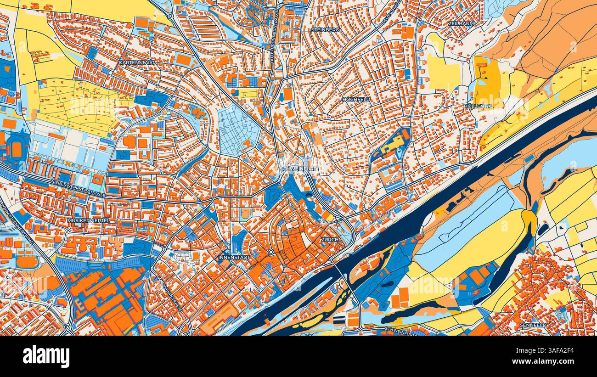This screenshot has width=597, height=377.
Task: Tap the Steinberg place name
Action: (325, 29)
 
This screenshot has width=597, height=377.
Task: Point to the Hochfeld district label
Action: (356, 99)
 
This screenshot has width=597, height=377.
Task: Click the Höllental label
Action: (479, 106)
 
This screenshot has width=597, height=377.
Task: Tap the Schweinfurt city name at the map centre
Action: (298, 169)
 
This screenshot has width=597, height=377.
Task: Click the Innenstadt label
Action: (234, 258)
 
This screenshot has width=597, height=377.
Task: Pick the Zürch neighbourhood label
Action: (330, 240)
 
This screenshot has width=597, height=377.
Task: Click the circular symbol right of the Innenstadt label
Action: (271, 252)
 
